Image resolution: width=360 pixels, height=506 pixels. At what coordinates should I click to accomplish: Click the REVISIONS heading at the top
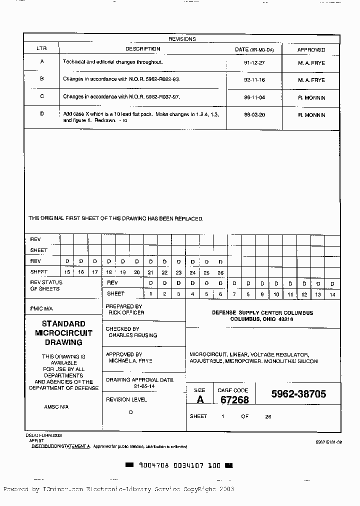pos(182,39)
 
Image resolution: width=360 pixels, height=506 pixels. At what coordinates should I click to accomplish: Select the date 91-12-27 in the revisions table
pos(254,62)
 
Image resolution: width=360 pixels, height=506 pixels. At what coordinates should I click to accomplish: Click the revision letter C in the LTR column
pos(41,96)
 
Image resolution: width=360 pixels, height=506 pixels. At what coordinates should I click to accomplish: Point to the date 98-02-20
pos(254,115)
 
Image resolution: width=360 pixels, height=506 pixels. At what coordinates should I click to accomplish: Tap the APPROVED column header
pos(311,50)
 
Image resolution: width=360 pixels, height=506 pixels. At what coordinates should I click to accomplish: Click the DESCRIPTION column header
pos(142,49)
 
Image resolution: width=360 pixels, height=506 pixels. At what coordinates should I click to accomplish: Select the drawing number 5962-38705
pos(298,394)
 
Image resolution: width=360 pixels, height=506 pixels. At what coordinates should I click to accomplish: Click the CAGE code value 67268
pos(234,399)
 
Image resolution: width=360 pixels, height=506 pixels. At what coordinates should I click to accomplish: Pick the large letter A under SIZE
pos(200,399)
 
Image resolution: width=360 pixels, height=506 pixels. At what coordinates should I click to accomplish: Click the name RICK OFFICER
pos(126,312)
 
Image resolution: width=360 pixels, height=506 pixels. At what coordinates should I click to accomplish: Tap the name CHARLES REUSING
pos(132,335)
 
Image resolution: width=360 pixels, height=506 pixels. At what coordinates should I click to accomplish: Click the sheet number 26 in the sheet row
pos(220,272)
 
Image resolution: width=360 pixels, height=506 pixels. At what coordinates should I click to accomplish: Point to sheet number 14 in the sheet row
pos(332,295)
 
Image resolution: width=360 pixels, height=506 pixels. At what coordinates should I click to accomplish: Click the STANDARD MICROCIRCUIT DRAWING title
pos(63,333)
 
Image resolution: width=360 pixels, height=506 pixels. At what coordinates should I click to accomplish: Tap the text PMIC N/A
pos(41,309)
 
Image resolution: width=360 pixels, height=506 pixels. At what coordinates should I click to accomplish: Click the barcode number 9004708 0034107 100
pos(179,465)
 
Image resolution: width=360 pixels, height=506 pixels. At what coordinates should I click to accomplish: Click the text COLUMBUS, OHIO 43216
pos(261,319)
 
